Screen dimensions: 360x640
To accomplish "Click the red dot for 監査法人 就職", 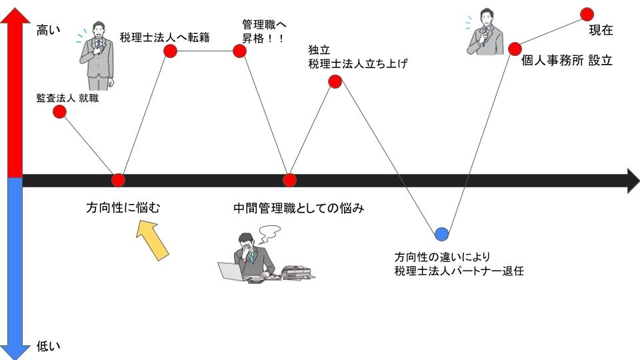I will pos(59,112).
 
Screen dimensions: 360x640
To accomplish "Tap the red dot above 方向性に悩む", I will pos(118,180).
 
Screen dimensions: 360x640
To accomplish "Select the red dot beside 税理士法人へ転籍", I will pos(170,51).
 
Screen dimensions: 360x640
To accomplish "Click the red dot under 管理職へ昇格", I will pos(240,51).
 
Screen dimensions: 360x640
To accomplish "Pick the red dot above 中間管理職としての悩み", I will pos(289,180).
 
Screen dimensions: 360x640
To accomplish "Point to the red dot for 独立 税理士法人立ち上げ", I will pos(335,82).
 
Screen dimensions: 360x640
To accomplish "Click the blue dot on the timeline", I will pos(441,233).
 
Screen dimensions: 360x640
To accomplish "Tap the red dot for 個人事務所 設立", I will pos(515,49).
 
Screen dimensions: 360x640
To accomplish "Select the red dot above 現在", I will pos(587,13).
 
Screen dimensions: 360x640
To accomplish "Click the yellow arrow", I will pos(152,239).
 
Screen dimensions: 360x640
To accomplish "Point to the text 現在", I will pos(601,31).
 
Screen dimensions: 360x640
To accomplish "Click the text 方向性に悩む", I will pos(123,208).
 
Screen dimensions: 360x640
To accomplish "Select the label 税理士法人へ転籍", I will pos(165,37).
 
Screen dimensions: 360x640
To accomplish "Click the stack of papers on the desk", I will pos(298,272).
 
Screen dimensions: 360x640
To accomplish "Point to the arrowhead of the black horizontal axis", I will pos(632,180).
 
